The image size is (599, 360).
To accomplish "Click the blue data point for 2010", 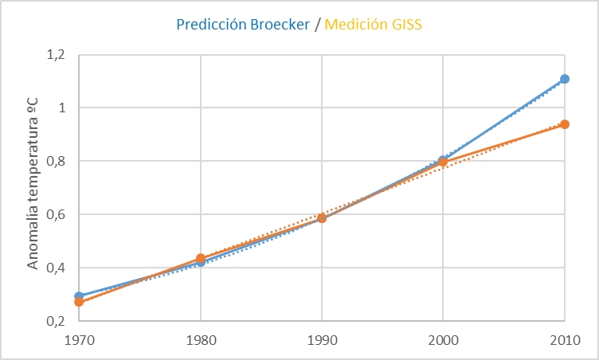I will click(x=565, y=79).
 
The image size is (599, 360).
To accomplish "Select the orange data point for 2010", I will click(x=565, y=124).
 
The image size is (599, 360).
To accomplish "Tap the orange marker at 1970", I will click(x=79, y=302).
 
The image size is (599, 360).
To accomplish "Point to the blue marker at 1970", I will click(x=79, y=295).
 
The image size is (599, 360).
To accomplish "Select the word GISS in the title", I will click(x=405, y=25).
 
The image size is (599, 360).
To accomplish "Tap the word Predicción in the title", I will click(x=209, y=25).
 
